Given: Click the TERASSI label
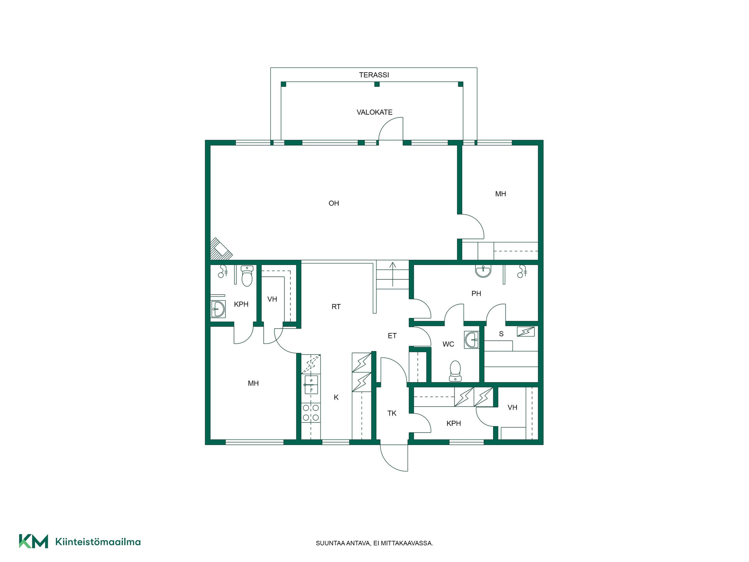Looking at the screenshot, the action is pos(374,75).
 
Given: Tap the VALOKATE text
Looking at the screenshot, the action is pos(374,112).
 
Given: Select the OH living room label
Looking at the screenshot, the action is pos(334,203).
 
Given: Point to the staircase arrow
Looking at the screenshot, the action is pos(392,275).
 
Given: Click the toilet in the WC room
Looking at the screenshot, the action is pos(455,371).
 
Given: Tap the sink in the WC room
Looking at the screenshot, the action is pos(472,340).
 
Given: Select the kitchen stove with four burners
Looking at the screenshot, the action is pos(311,413).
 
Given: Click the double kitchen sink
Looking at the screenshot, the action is pos(311,385).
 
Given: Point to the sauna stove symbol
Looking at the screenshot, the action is pos(525,331).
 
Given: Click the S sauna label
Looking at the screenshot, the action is pos(501,334).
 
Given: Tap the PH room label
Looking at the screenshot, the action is pos(476,294).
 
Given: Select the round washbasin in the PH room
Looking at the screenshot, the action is pos(483,271).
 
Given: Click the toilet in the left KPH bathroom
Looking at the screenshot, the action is pos(247,276).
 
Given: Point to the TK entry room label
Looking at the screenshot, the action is pos(392,413).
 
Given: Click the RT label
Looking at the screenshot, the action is pos(336,307).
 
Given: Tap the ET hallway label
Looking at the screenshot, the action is pos(392,336).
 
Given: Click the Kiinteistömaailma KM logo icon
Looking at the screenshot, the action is pos(34,541).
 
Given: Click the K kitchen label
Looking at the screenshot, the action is pos(336,398).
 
